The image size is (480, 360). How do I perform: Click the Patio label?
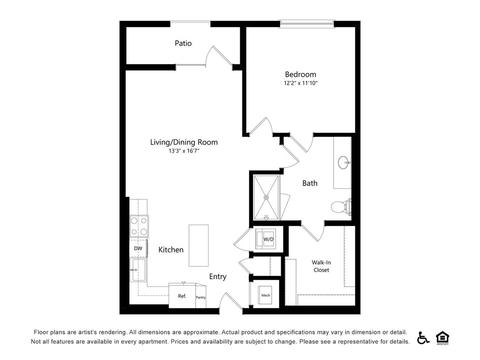point(183,43)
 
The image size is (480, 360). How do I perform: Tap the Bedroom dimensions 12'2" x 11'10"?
point(301,83)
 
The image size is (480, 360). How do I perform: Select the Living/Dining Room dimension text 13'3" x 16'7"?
point(184,151)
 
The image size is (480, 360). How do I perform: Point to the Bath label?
point(310,183)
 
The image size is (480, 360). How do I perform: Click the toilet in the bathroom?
point(341,207)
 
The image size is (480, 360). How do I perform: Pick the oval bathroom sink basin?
point(343,163)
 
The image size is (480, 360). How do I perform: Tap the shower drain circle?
point(266,197)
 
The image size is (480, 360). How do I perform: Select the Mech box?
point(266,295)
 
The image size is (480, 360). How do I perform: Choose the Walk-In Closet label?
point(321,266)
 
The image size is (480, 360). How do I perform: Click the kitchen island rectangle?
point(198,245)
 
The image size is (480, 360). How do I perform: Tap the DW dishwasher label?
point(138,248)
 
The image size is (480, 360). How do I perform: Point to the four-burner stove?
point(139,226)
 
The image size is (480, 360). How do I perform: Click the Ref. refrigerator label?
point(182,296)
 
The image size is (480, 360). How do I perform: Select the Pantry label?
point(201,297)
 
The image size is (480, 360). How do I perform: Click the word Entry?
point(218,277)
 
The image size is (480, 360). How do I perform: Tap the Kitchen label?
point(171,250)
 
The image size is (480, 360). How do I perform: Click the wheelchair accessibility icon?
point(423,337)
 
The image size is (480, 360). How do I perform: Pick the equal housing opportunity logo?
point(442,337)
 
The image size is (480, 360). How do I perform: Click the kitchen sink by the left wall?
point(139,270)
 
